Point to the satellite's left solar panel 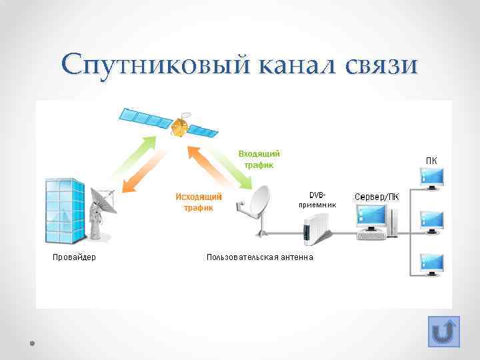(x=145, y=118)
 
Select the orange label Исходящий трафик (x=198, y=202)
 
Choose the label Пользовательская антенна (x=259, y=257)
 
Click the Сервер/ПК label (x=377, y=197)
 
